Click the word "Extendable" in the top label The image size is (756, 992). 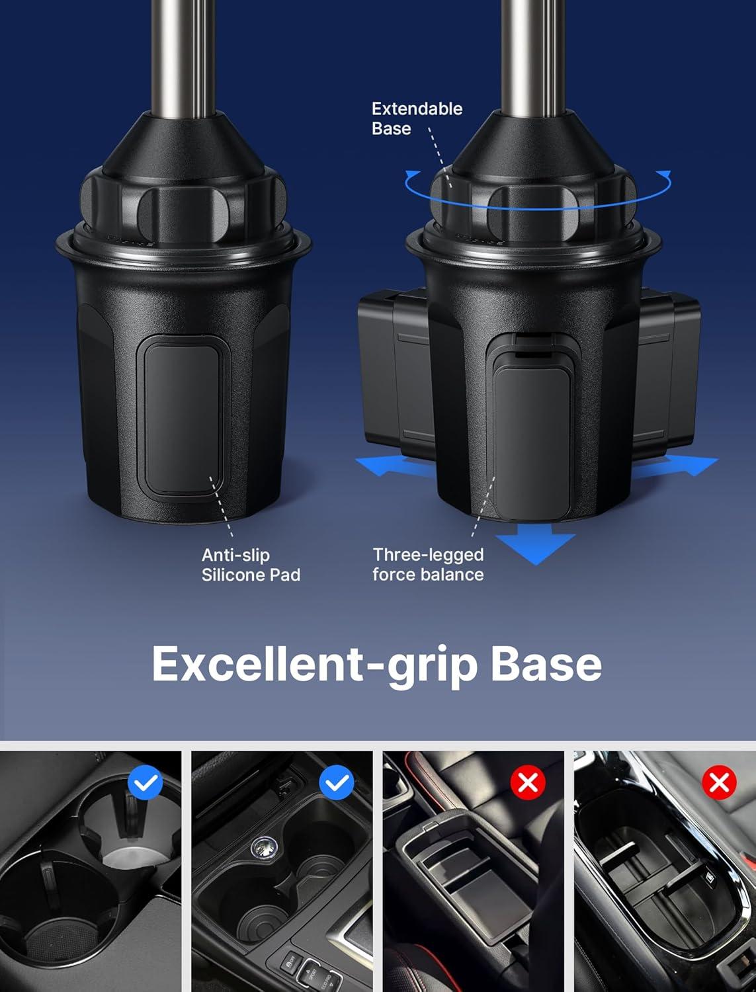tap(417, 109)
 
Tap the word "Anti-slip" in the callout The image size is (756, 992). tap(235, 555)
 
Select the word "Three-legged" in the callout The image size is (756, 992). tap(428, 555)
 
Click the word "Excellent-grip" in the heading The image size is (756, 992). tap(314, 663)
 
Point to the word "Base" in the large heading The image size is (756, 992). tap(546, 663)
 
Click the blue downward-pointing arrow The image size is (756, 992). tap(535, 546)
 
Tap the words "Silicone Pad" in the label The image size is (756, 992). tap(251, 575)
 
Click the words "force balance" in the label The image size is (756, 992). tap(428, 575)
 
